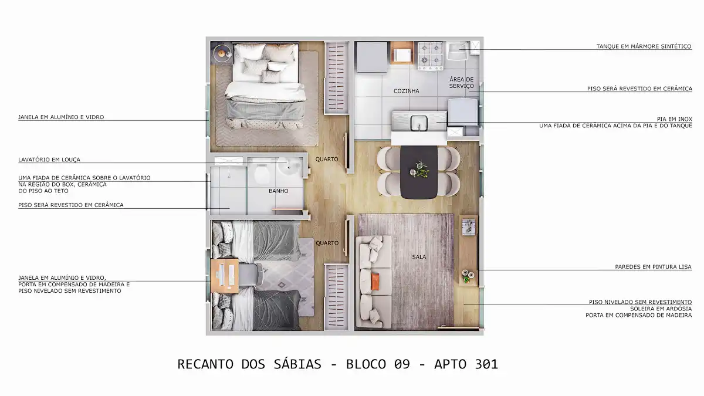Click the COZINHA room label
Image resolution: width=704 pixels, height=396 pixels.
coord(407,91)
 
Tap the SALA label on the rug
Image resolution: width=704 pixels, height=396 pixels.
coord(419,257)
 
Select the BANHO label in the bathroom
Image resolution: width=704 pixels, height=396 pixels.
coord(279,191)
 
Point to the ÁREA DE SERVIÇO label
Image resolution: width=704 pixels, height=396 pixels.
coord(461,83)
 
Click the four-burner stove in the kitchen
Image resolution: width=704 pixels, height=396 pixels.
coord(430,56)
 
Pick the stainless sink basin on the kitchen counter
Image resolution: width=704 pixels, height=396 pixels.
coord(419,123)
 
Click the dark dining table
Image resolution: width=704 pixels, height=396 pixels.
coord(419,172)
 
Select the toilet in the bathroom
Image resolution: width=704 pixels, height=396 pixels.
coord(260,175)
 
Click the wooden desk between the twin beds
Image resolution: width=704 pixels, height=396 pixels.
coord(225,276)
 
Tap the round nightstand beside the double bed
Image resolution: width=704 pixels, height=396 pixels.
coord(222,53)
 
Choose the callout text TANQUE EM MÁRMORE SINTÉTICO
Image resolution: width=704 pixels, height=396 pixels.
coord(644,46)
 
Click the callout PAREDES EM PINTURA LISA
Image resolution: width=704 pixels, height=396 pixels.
coord(653,267)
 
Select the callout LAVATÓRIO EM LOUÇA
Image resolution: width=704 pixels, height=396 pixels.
coord(49,160)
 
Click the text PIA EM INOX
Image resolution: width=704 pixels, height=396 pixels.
coord(675,119)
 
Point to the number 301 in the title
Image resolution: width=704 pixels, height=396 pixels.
coord(486,364)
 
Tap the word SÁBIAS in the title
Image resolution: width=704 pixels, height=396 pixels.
coord(297,364)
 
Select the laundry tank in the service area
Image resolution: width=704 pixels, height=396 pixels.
coord(458,50)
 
